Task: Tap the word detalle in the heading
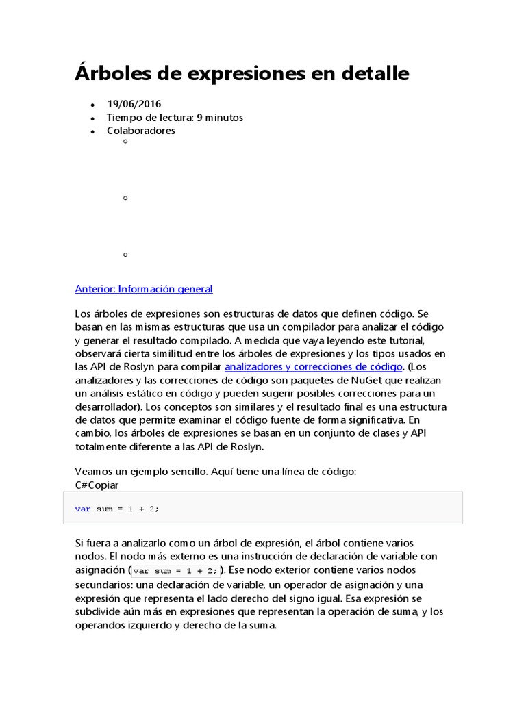pos(376,73)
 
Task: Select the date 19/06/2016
pos(134,104)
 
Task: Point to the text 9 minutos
pos(220,118)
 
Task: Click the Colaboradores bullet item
pos(140,131)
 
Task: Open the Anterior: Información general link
pos(144,289)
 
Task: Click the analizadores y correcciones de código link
pos(313,366)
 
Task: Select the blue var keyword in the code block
pos(82,509)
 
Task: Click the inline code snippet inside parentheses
pos(175,571)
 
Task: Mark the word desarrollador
pos(108,407)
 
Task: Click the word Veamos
pos(93,472)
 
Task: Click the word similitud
pos(170,353)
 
